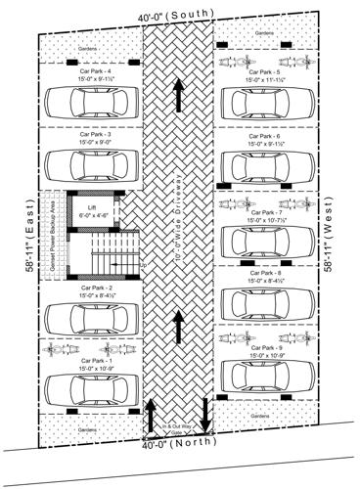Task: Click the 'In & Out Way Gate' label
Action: pos(178,428)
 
